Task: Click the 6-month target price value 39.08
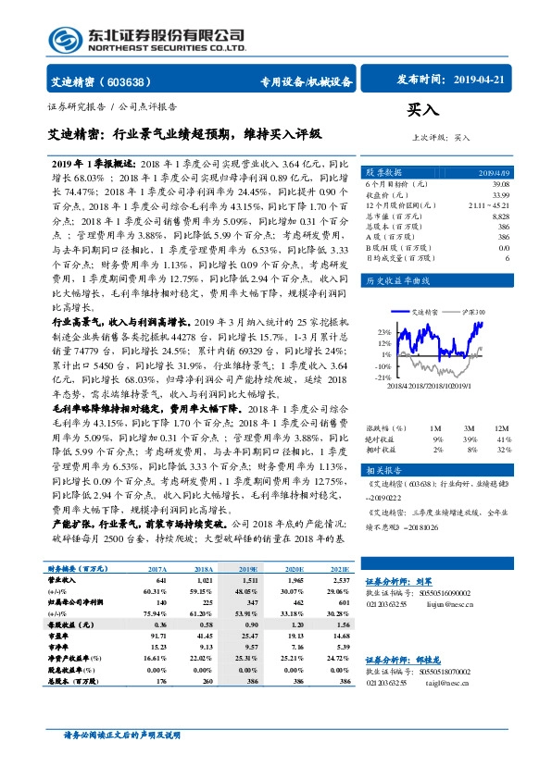tap(499, 183)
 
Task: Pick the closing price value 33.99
tap(499, 193)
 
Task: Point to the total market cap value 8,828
tap(500, 215)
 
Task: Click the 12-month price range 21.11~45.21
tap(489, 204)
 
